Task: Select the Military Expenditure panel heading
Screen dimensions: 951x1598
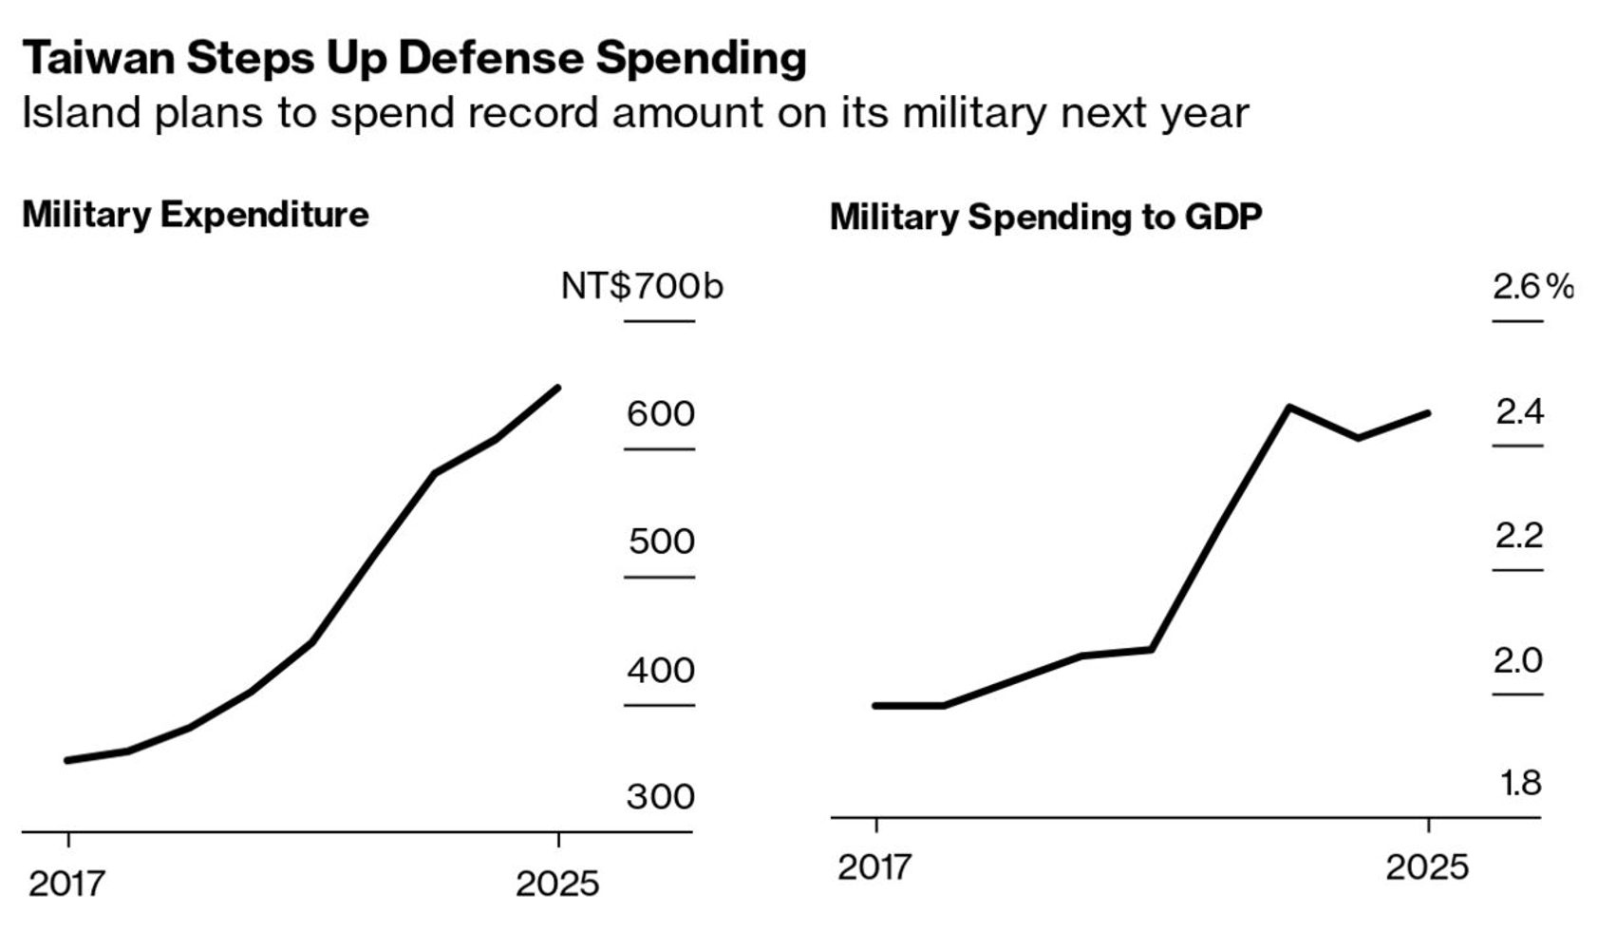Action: (x=195, y=215)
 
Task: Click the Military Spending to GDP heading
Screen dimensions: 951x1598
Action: (x=1045, y=217)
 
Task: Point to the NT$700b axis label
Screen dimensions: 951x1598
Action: (x=642, y=286)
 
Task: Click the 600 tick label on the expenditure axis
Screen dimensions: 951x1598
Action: (x=660, y=414)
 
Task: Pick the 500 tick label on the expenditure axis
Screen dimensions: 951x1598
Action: (x=661, y=542)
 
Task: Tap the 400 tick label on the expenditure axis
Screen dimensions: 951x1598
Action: (x=661, y=671)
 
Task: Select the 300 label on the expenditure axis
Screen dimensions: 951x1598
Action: (x=660, y=796)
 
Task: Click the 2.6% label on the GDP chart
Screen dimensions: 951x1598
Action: (x=1532, y=287)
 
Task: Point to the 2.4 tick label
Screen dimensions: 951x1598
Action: (x=1519, y=412)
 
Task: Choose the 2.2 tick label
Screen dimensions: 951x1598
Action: (x=1518, y=536)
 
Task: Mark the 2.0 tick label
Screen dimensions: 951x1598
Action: (x=1517, y=660)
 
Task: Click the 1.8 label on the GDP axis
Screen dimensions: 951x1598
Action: (x=1520, y=784)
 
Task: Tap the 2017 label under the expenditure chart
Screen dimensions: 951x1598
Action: (x=66, y=884)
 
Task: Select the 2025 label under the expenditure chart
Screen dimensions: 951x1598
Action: (x=557, y=884)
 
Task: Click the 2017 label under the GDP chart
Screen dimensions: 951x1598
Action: (x=874, y=867)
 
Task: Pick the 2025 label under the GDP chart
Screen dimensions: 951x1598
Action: (x=1426, y=867)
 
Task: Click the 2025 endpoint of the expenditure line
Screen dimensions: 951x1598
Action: (x=557, y=388)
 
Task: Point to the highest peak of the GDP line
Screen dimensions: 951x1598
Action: (x=1289, y=408)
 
